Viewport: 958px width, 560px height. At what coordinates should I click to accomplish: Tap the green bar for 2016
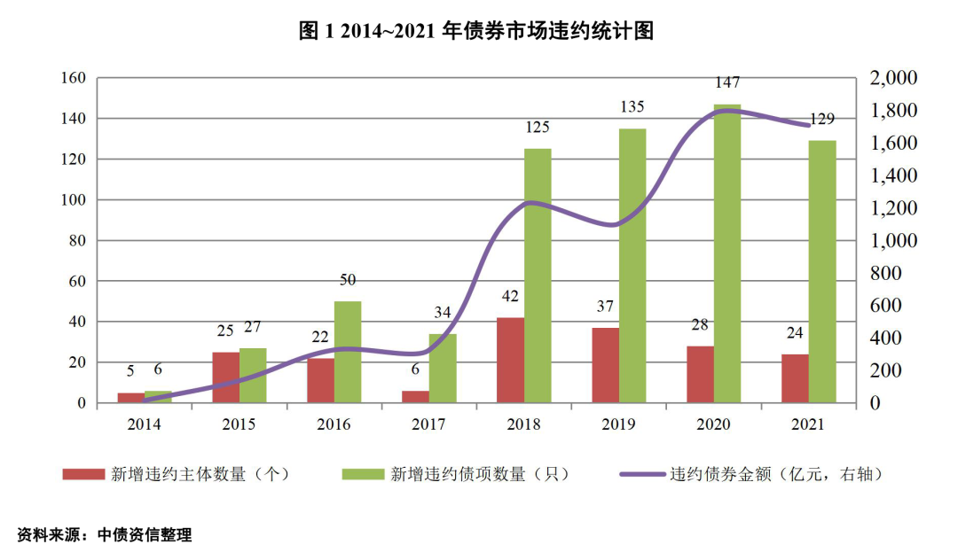[x=348, y=352]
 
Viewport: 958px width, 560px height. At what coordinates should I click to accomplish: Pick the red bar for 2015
[x=225, y=377]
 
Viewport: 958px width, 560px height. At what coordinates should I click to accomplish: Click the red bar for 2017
[x=415, y=397]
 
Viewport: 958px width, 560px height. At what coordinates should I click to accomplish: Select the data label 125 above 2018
[x=538, y=128]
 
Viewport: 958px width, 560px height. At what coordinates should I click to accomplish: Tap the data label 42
[x=509, y=296]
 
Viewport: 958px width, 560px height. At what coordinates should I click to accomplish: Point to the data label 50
[x=348, y=280]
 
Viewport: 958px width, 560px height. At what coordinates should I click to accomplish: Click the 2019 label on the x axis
[x=619, y=424]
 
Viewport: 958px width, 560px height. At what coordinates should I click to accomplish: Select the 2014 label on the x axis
[x=145, y=424]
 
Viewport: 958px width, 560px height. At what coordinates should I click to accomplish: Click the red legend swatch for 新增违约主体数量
[x=82, y=474]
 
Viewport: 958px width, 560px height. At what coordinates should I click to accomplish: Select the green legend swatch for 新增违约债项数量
[x=364, y=474]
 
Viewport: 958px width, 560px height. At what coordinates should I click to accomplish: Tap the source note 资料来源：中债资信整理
[x=105, y=535]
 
